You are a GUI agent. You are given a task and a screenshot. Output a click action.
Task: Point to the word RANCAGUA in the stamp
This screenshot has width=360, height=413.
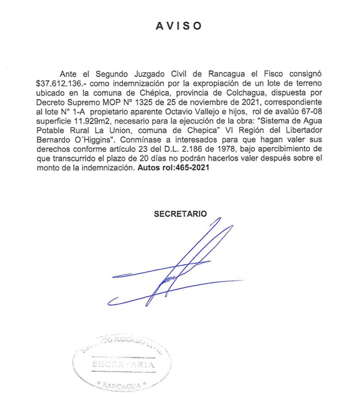pyautogui.click(x=122, y=385)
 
